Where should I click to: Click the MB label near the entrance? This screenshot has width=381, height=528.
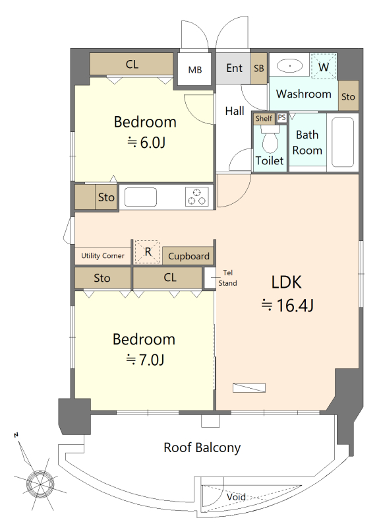195,70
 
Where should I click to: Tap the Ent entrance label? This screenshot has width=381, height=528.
234,68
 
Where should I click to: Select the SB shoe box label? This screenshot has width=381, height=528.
258,69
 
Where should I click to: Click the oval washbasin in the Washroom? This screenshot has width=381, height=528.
290,66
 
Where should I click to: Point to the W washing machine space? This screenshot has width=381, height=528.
324,67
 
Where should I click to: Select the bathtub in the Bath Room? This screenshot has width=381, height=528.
342,143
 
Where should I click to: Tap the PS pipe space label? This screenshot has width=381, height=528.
282,117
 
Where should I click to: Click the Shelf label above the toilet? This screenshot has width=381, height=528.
264,118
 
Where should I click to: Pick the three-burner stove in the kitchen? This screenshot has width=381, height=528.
196,196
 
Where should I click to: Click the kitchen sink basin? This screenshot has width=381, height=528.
140,197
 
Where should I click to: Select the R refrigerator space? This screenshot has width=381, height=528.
147,251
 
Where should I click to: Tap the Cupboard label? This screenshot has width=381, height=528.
189,256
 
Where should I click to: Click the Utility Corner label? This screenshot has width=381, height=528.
103,255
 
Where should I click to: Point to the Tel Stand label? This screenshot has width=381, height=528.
227,278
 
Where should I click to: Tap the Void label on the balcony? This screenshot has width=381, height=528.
236,497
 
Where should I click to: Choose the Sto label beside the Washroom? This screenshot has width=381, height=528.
348,97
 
